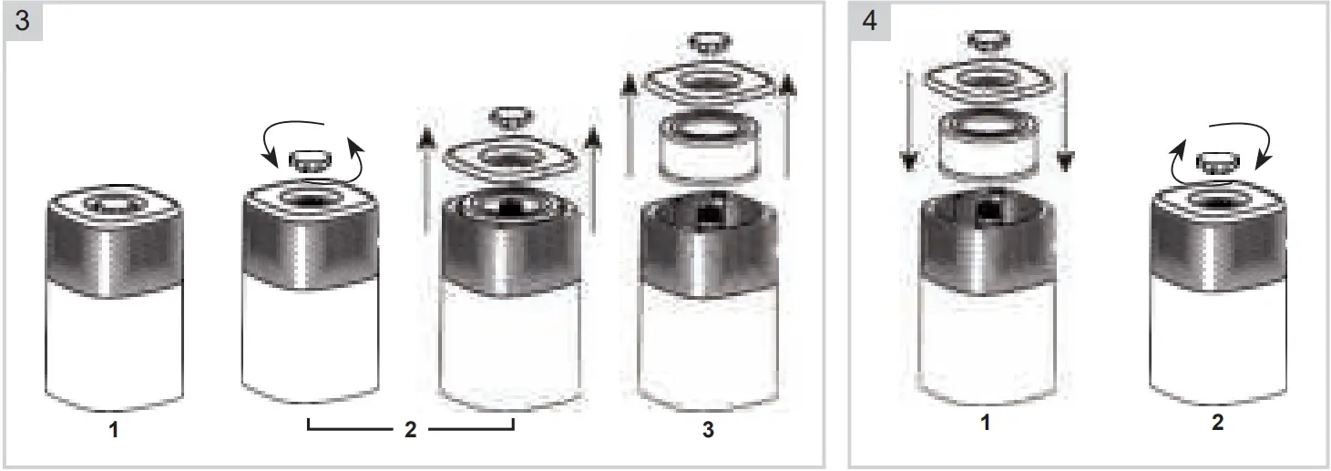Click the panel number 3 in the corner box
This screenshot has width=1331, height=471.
tap(22, 21)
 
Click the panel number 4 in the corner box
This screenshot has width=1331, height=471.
tap(868, 21)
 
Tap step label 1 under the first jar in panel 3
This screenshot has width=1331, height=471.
tap(114, 430)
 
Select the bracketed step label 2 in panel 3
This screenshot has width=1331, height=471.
tap(410, 430)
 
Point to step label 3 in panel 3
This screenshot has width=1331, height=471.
tap(708, 430)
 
